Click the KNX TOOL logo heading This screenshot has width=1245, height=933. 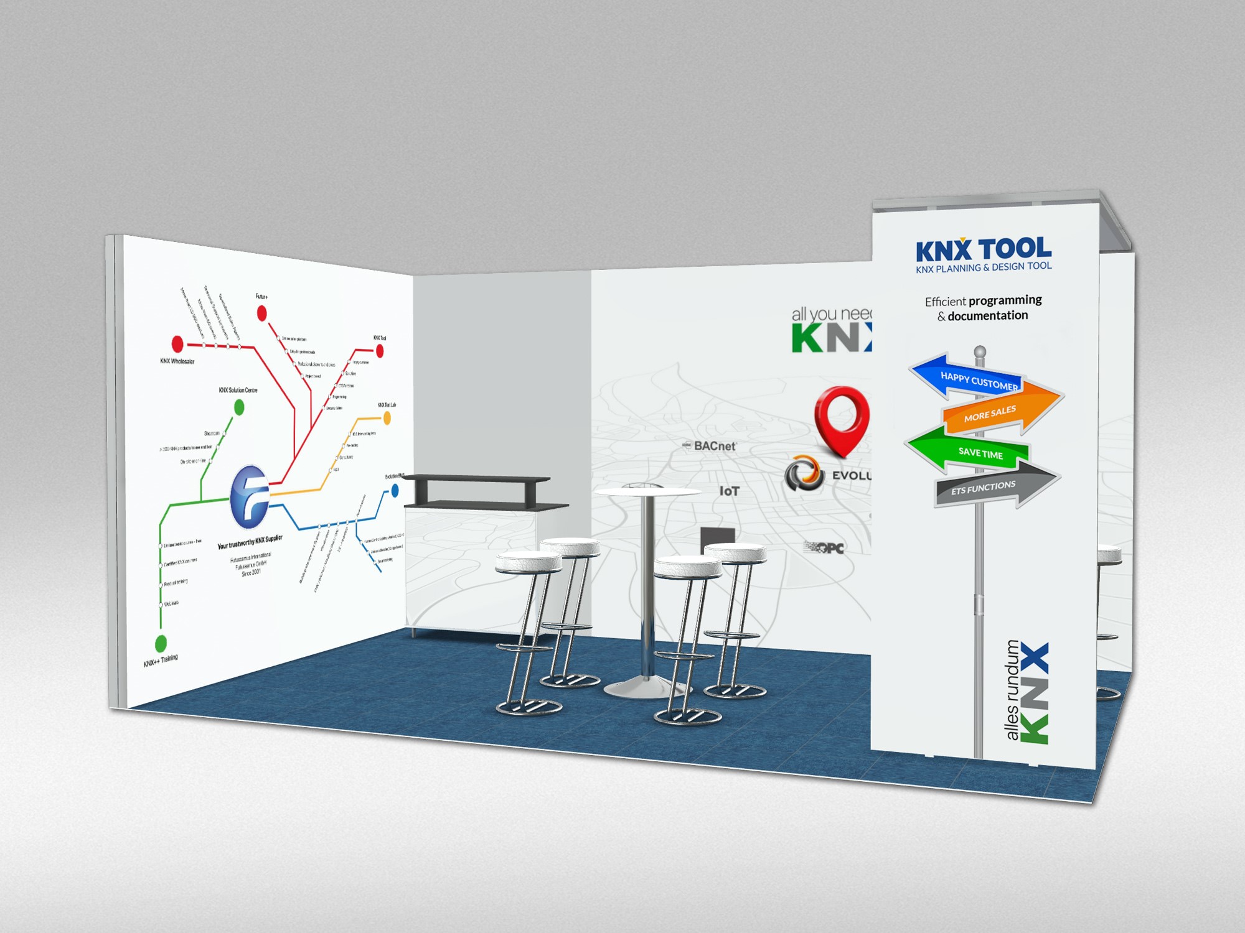click(984, 250)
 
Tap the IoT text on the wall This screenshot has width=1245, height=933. click(730, 491)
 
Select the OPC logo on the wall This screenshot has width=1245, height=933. click(824, 548)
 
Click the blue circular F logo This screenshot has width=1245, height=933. click(250, 496)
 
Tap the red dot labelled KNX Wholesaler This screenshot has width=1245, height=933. click(177, 343)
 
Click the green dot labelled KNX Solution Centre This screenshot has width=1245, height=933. click(238, 407)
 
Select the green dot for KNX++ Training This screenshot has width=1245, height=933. click(161, 643)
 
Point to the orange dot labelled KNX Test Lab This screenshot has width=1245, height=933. click(387, 419)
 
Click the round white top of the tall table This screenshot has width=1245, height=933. click(647, 493)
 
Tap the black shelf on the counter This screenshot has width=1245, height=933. click(476, 480)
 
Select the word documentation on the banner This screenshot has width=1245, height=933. click(988, 315)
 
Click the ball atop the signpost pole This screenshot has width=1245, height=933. click(980, 351)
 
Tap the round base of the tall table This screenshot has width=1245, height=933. click(646, 687)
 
